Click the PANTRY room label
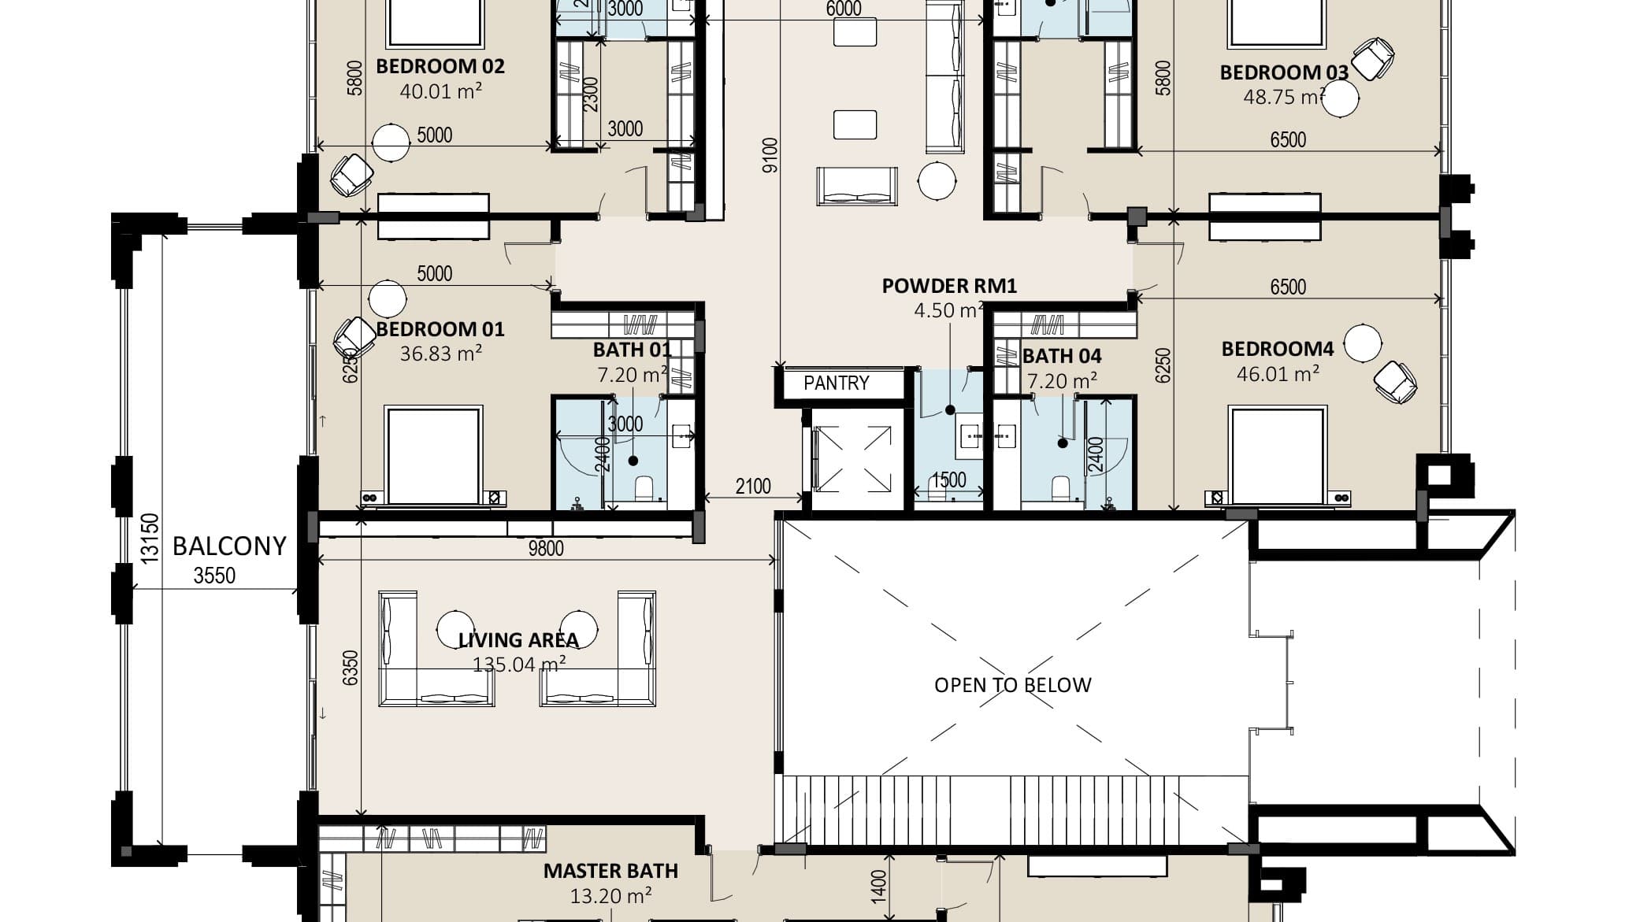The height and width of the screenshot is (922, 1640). coord(836,383)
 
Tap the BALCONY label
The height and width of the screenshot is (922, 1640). coord(229,546)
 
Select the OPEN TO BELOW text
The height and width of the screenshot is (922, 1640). coord(1013,685)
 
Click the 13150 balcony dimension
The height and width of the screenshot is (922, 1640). coord(150,537)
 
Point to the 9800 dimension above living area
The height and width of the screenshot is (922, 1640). coord(545,548)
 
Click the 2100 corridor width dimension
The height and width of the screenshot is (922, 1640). coord(752,487)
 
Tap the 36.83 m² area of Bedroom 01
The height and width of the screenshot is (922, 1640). coord(440,354)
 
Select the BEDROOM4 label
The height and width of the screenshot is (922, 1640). coord(1277,349)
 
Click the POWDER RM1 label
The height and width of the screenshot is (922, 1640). coord(949,286)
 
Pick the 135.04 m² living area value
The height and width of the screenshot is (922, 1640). coord(518,665)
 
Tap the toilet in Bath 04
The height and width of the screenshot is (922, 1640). coord(1061,487)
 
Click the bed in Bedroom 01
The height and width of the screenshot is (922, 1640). coord(432,455)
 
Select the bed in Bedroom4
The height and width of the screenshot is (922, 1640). coord(1278,455)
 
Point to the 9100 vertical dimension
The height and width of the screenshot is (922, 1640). coord(770,155)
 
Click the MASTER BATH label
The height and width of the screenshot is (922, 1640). coord(610,871)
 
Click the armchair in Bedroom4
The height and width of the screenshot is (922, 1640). coord(1395,382)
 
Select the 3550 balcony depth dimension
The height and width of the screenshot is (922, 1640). coord(214,576)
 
